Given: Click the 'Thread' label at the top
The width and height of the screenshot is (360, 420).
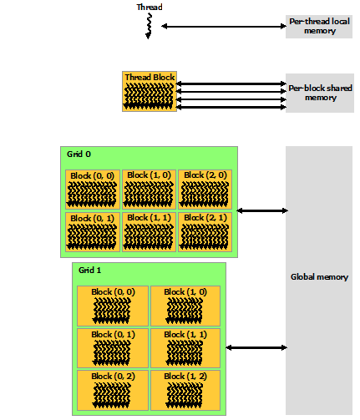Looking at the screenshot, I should [150, 8].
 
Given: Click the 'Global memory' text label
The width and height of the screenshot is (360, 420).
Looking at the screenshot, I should [318, 277].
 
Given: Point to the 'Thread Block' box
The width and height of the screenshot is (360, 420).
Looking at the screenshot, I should [149, 91].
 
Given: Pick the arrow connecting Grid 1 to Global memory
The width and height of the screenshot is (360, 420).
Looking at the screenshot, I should [256, 347].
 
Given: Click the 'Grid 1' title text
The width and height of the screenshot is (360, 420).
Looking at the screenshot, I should [89, 271].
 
